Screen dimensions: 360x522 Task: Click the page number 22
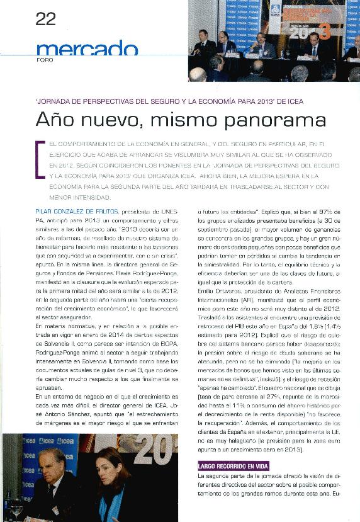tap(46, 19)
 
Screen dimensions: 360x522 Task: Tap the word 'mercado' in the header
tap(87, 48)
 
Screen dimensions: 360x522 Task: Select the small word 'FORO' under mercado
tap(45, 60)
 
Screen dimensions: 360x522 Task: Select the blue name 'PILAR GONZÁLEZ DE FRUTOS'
tap(77, 212)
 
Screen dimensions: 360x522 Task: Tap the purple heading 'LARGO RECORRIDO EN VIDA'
tap(233, 467)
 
